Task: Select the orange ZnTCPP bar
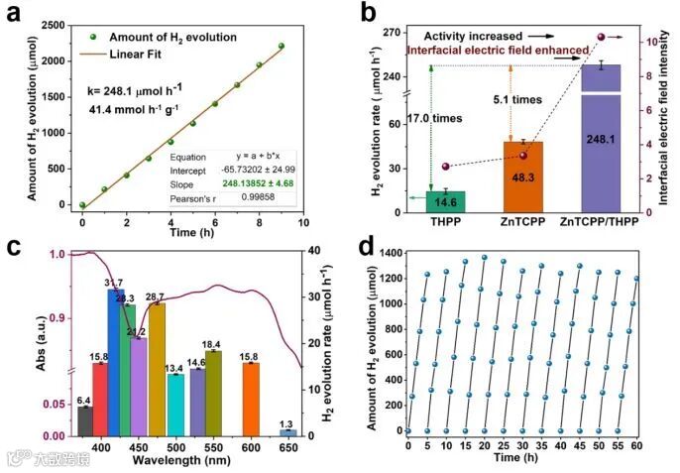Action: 510,177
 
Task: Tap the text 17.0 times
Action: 435,118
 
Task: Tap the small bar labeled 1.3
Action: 287,432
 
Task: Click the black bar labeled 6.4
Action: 84,421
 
